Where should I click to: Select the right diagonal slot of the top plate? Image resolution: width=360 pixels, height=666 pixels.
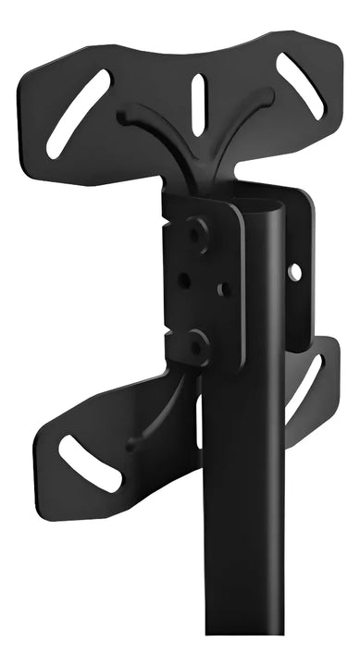coord(300,87)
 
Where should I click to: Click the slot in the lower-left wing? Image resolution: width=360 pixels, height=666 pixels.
coord(90,462)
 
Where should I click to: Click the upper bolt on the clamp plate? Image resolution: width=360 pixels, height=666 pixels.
coord(195,233)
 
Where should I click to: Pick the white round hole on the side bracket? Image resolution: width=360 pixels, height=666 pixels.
coord(294,273)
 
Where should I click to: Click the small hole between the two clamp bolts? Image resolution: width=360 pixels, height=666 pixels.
coord(184,278)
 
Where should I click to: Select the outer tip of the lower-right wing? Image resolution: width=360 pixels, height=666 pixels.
coord(329,351)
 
